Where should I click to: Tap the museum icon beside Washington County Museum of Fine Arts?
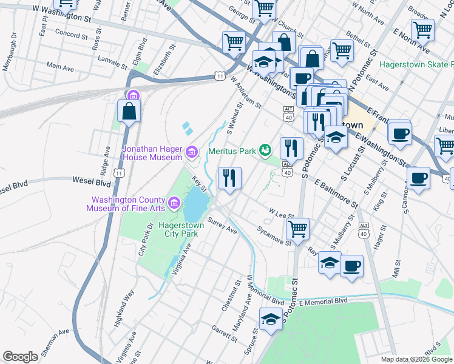(x=174, y=202)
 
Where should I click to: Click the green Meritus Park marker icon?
(x=265, y=149)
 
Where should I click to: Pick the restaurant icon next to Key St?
(x=229, y=178)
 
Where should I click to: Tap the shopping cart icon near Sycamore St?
(x=297, y=229)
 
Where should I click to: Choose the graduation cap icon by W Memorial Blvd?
(x=271, y=318)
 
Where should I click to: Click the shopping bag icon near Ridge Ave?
(x=129, y=110)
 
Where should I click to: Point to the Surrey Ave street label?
(x=222, y=226)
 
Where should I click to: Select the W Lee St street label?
(x=282, y=213)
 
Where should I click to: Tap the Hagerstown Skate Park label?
(x=416, y=64)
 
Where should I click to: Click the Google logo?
(x=20, y=357)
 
